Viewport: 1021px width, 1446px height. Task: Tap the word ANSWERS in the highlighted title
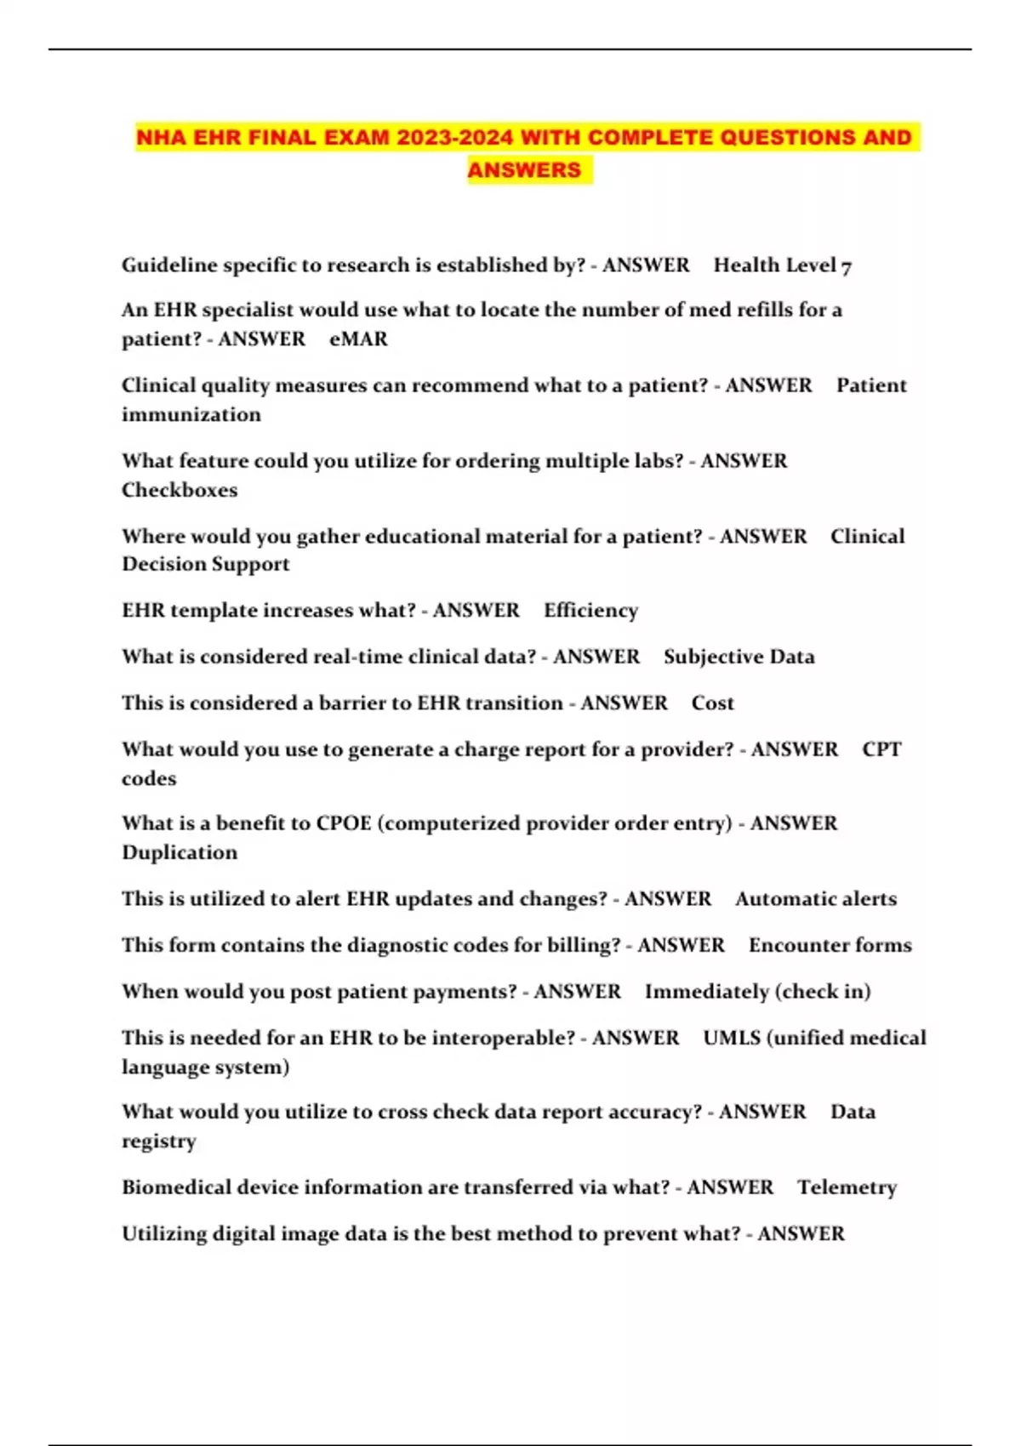524,170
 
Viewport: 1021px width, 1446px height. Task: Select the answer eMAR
358,339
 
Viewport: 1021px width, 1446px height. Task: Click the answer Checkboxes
180,490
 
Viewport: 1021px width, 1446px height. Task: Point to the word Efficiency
590,610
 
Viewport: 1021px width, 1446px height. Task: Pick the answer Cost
712,703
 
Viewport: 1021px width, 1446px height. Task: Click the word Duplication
180,852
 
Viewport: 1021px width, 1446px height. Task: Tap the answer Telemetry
847,1187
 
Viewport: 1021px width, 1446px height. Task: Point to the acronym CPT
881,749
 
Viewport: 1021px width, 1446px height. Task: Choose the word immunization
191,414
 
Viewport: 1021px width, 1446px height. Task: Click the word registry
159,1141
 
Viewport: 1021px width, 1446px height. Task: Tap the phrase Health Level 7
783,265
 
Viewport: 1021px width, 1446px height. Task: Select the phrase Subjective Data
739,657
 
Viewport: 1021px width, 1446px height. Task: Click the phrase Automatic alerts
815,899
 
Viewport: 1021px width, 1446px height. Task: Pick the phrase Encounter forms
830,945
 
